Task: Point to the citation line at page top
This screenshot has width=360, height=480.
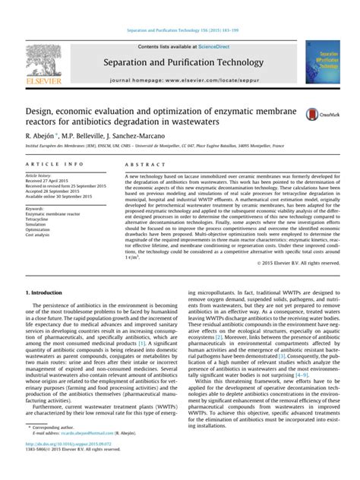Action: pyautogui.click(x=179, y=30)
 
